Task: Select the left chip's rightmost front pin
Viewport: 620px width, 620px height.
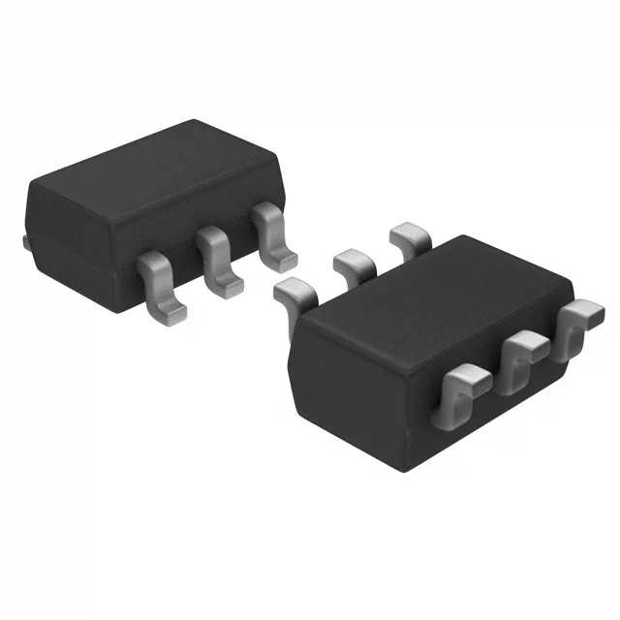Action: [x=275, y=236]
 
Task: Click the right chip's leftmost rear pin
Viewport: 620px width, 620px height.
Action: [x=294, y=290]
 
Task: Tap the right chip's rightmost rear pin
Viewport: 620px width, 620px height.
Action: [x=411, y=235]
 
